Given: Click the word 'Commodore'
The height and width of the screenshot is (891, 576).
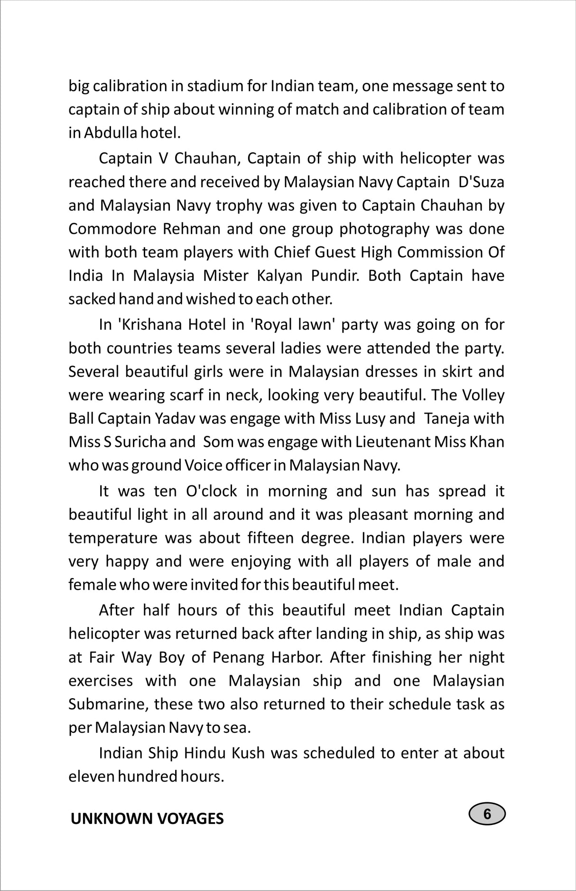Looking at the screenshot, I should [111, 228].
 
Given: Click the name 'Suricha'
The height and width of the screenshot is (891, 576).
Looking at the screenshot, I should [144, 442].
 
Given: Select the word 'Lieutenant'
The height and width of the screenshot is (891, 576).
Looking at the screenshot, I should [389, 442].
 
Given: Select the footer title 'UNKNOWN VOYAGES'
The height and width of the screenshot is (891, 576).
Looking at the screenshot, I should [147, 818].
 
